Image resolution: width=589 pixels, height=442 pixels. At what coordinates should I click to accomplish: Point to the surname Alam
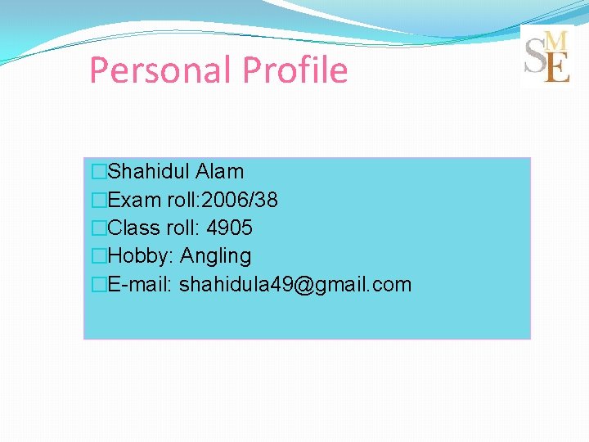[220, 172]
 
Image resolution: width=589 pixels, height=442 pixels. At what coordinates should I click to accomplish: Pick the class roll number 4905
[230, 228]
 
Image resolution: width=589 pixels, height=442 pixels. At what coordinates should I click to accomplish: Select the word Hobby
[139, 256]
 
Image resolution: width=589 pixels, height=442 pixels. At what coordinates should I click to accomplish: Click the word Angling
[215, 256]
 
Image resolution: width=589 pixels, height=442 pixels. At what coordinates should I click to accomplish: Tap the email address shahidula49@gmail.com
[295, 285]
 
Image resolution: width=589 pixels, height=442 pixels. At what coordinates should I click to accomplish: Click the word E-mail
[138, 285]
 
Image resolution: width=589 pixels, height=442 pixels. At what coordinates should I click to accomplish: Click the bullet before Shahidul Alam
[99, 172]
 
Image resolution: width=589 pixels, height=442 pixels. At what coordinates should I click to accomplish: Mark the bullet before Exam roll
[99, 200]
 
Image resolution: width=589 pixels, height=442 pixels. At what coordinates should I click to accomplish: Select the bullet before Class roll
[99, 228]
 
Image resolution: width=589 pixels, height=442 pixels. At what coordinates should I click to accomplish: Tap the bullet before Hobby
[99, 256]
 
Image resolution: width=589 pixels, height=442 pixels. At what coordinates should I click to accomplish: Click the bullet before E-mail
[99, 285]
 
